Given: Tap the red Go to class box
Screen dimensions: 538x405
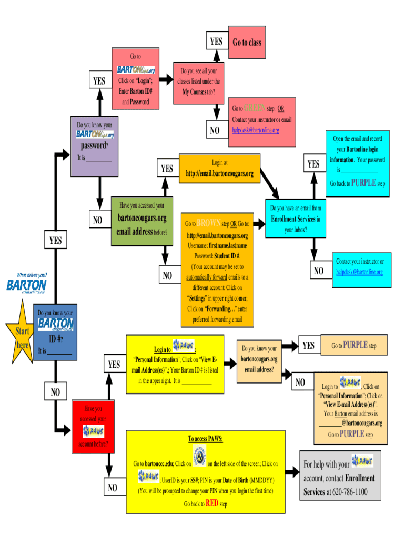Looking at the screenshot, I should [x=247, y=43].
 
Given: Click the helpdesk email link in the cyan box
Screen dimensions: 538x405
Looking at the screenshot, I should [x=360, y=272].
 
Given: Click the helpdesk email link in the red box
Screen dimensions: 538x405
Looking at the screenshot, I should [x=256, y=130].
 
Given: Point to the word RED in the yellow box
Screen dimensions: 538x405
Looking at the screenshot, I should [x=212, y=503].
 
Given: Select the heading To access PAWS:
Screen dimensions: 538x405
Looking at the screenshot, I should [x=206, y=439].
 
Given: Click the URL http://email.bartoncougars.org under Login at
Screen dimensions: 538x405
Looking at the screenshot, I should [x=220, y=174].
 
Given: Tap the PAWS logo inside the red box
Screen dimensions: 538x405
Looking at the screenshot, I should [x=94, y=431].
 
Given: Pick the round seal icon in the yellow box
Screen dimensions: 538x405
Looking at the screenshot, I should [x=199, y=456].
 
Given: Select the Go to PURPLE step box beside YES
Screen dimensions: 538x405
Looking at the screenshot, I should [x=353, y=345].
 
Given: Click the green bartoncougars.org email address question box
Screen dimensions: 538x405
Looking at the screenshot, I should [x=142, y=221].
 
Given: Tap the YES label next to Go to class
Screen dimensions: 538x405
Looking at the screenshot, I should [x=216, y=42].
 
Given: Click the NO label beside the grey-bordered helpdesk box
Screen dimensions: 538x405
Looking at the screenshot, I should [x=319, y=271].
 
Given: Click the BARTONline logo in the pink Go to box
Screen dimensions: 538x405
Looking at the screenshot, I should [x=136, y=70].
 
